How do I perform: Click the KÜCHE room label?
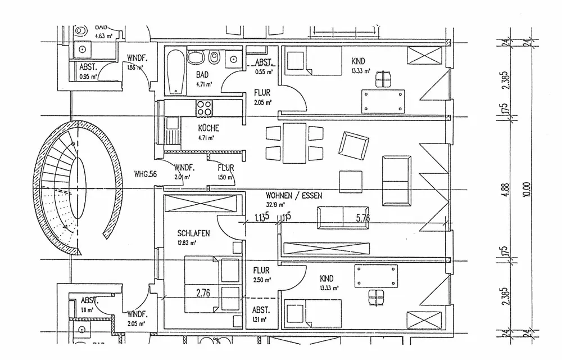pyautogui.click(x=209, y=128)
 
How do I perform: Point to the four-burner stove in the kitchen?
pyautogui.click(x=203, y=106)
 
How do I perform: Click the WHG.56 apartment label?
pyautogui.click(x=145, y=174)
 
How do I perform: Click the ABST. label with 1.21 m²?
pyautogui.click(x=261, y=310)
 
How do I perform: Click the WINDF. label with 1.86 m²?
pyautogui.click(x=137, y=58)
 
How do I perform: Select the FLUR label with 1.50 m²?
pyautogui.click(x=225, y=168)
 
